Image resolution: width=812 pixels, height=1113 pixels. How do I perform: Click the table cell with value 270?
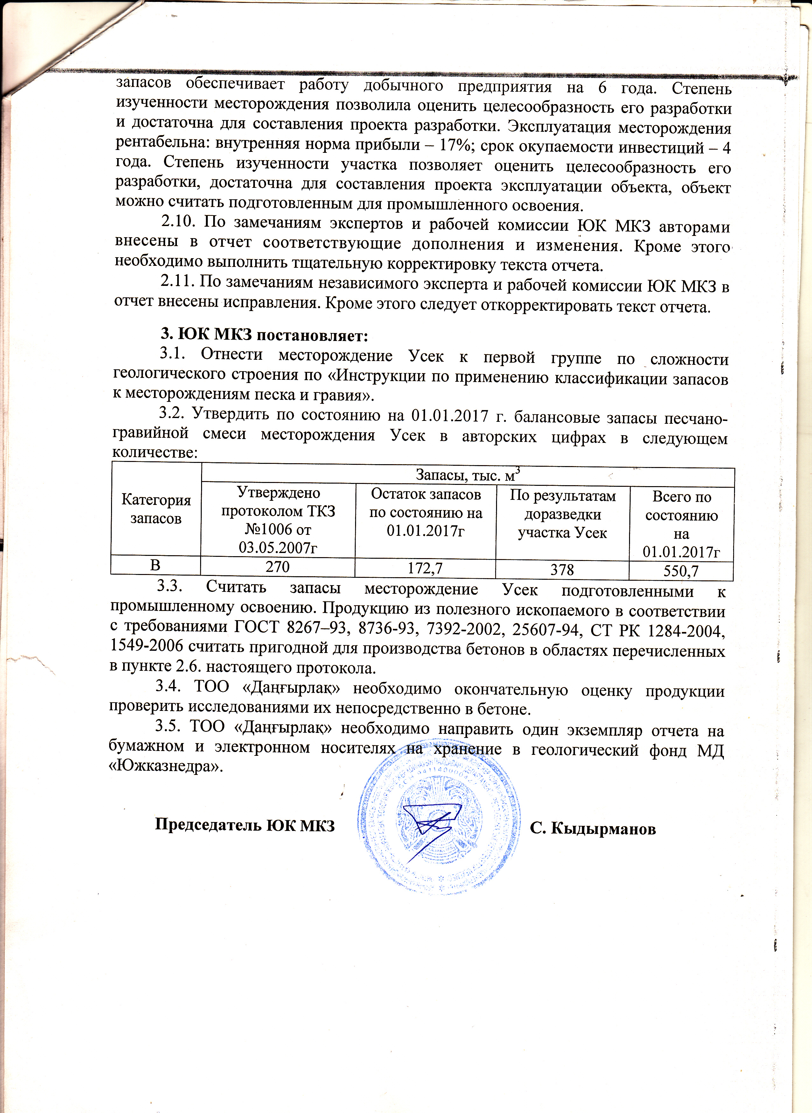(278, 567)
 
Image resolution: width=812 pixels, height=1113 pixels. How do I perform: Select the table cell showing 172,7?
(425, 569)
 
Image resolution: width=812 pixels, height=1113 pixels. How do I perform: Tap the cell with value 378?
(562, 570)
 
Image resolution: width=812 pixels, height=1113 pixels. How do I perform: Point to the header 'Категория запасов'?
(156, 509)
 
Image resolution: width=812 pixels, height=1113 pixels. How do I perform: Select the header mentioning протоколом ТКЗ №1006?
(278, 520)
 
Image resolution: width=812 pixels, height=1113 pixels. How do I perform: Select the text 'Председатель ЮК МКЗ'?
(245, 825)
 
